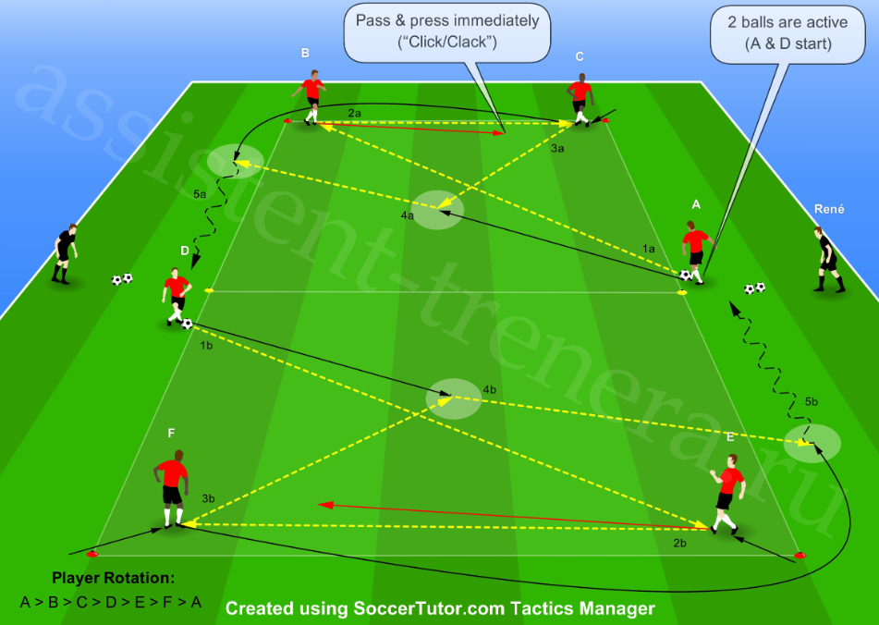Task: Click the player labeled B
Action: click(310, 96)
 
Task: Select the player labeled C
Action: click(580, 100)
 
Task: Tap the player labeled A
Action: click(696, 251)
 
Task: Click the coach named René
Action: click(828, 259)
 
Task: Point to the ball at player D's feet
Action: click(188, 324)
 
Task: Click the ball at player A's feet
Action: click(685, 275)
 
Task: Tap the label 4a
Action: click(407, 215)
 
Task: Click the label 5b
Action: click(812, 401)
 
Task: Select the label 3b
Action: click(208, 498)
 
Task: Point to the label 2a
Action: click(354, 113)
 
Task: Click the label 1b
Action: click(206, 345)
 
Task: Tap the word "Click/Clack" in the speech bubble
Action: click(447, 42)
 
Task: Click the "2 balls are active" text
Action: click(787, 22)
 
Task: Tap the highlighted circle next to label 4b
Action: click(453, 399)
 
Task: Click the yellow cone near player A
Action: click(682, 292)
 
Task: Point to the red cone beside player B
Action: click(287, 121)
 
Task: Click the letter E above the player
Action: click(730, 436)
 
